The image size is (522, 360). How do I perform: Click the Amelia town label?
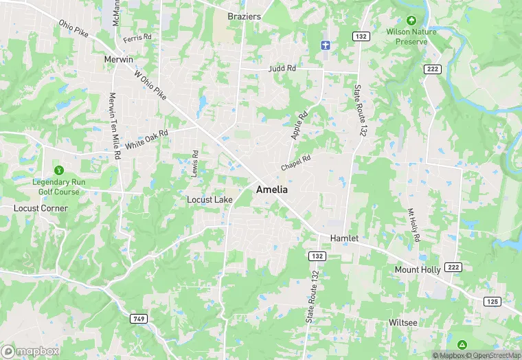point(272,189)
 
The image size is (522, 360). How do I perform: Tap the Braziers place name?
point(245,16)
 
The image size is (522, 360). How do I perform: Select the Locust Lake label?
point(210,200)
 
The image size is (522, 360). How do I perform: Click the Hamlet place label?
point(345,237)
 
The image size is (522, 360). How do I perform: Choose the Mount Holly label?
point(418,270)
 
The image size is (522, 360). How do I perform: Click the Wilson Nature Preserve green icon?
point(411,21)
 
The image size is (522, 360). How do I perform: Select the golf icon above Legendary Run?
point(58,170)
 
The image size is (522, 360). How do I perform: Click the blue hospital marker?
point(326,45)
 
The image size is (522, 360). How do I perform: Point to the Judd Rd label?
point(282,69)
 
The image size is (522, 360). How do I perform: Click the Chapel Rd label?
point(296,163)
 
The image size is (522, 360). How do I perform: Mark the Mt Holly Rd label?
point(413,223)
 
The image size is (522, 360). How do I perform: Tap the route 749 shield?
point(138,319)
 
